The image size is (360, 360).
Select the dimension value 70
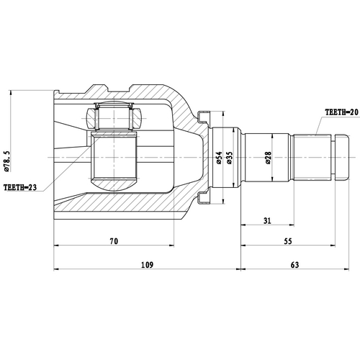pos(113,241)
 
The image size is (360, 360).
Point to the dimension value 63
pos(294,266)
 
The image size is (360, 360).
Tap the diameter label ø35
pos(230,158)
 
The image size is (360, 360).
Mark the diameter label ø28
pos(267,158)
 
